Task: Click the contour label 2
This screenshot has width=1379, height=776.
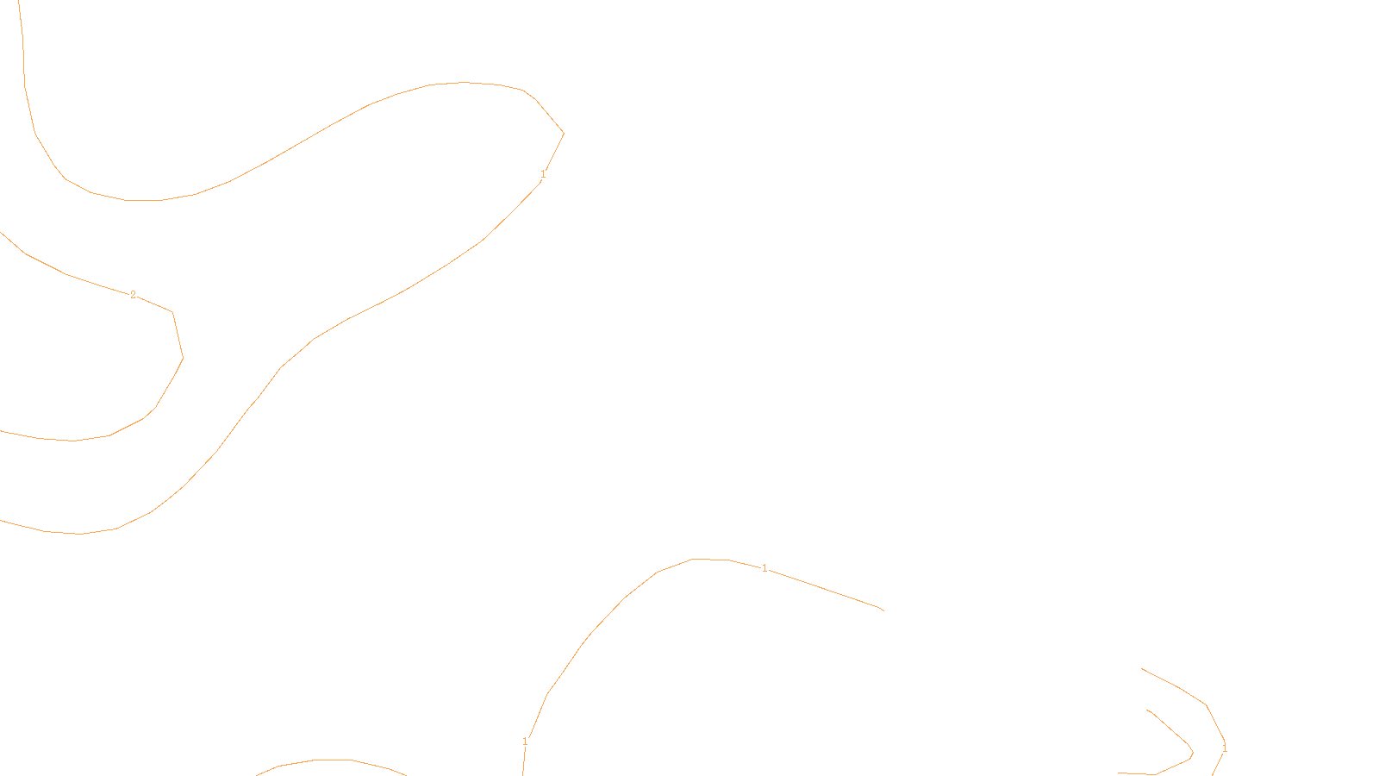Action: click(x=133, y=295)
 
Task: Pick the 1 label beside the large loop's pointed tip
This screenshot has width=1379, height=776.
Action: click(x=543, y=174)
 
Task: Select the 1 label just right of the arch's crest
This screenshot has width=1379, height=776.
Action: click(x=764, y=568)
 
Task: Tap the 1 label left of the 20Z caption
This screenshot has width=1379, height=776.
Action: click(x=525, y=742)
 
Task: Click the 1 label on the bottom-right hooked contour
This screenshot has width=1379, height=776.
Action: click(x=1224, y=748)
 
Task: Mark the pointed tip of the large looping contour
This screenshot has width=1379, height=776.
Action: click(x=564, y=133)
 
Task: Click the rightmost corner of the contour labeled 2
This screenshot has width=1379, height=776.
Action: click(x=183, y=357)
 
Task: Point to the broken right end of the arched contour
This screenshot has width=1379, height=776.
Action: click(x=883, y=610)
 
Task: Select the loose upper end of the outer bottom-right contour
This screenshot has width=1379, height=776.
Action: click(x=1142, y=668)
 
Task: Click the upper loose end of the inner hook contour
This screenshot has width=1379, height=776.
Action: click(x=1147, y=710)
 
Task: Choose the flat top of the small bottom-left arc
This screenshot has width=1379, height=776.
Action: click(x=333, y=760)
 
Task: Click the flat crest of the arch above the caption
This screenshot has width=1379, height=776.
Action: click(x=711, y=559)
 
